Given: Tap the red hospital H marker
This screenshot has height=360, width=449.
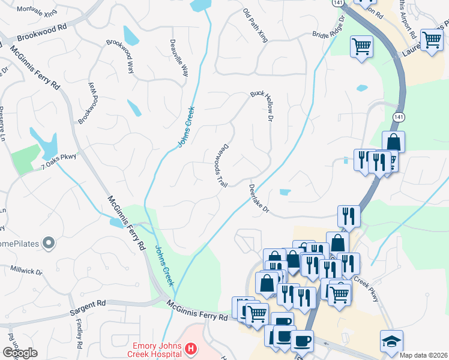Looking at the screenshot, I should pyautogui.click(x=191, y=349).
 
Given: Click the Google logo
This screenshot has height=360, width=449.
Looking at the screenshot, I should pyautogui.click(x=19, y=353).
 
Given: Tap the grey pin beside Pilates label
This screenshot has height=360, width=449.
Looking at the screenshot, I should pyautogui.click(x=49, y=244).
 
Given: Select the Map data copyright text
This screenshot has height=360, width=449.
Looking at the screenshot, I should pyautogui.click(x=424, y=355).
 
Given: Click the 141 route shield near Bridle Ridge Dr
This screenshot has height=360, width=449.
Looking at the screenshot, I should pyautogui.click(x=340, y=3).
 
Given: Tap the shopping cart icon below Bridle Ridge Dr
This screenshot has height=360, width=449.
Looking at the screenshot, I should pyautogui.click(x=361, y=46).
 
